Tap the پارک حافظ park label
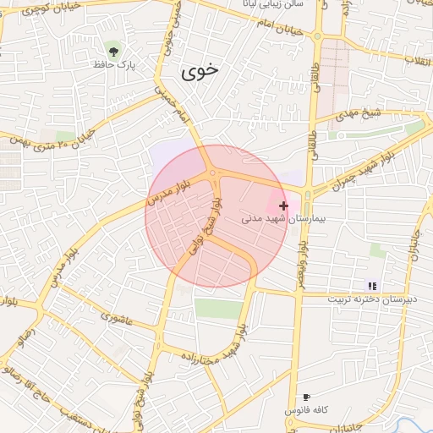pyautogui.click(x=115, y=64)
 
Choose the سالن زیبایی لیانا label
pyautogui.click(x=268, y=5)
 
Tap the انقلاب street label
pyautogui.click(x=418, y=60)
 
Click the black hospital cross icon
pyautogui.click(x=283, y=205)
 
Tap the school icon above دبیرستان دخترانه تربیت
pyautogui.click(x=371, y=286)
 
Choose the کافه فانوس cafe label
pyautogui.click(x=304, y=410)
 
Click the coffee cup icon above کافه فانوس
pyautogui.click(x=305, y=397)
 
